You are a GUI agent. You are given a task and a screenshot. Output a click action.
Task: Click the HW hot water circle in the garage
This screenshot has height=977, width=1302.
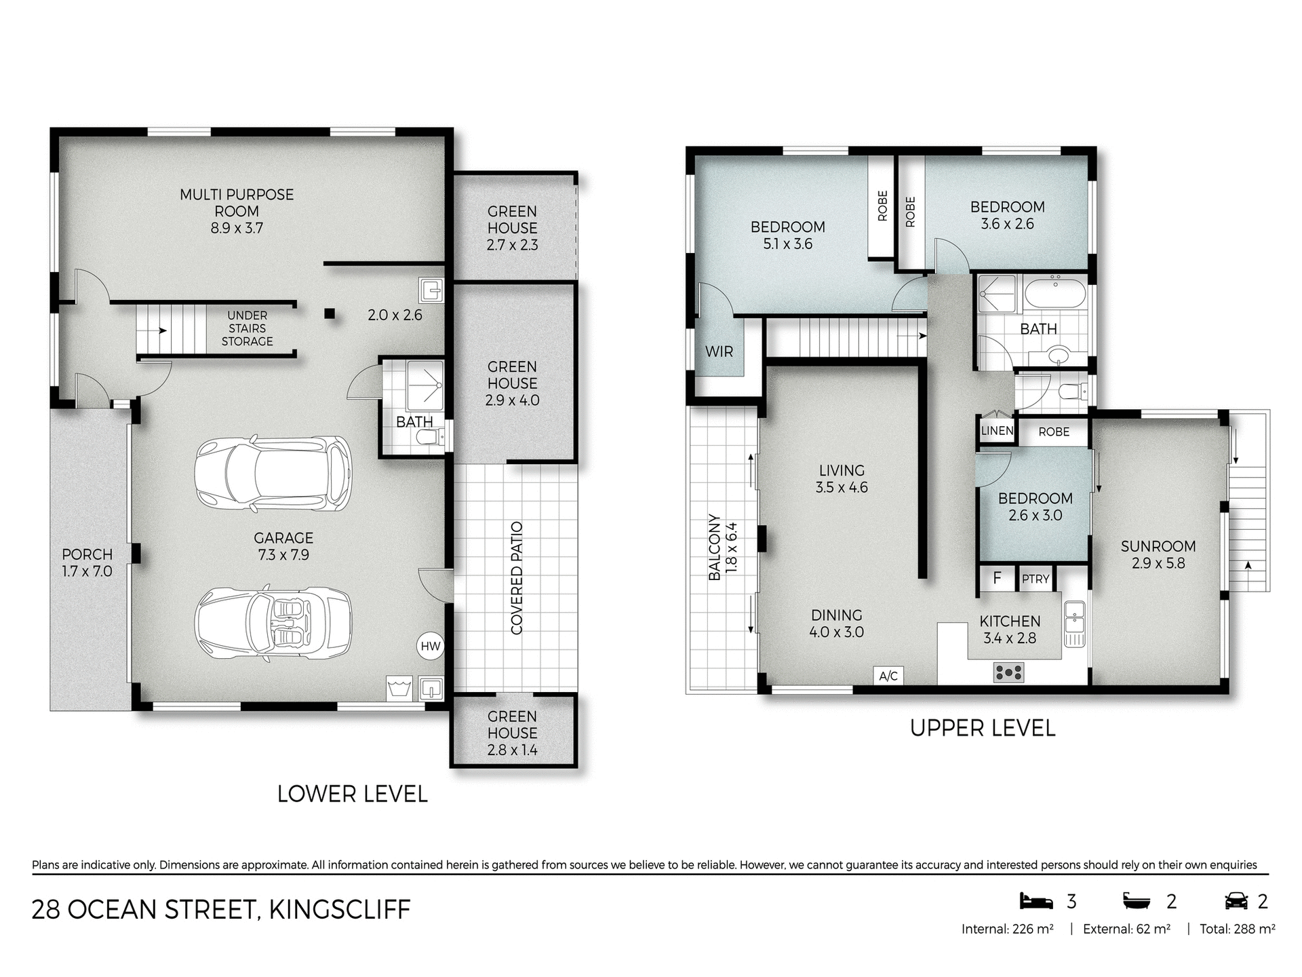(x=431, y=646)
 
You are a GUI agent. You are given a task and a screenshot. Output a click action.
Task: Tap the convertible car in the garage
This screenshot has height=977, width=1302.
(x=273, y=624)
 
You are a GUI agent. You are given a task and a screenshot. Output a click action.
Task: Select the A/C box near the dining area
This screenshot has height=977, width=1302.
(x=888, y=676)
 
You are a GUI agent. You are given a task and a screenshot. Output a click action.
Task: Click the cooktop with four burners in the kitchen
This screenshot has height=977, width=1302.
(x=1008, y=672)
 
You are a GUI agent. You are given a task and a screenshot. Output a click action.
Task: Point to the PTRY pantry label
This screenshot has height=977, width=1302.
(x=1035, y=579)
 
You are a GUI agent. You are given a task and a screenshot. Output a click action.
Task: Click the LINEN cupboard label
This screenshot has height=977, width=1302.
(x=997, y=431)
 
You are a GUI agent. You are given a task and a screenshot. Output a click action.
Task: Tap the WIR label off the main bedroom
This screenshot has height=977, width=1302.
(x=719, y=351)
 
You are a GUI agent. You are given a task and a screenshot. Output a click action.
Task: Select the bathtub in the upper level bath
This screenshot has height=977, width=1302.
(x=1055, y=296)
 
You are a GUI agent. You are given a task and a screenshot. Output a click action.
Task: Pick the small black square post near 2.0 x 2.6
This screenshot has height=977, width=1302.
(x=330, y=313)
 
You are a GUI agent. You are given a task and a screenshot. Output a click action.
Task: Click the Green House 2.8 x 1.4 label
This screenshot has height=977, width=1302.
(x=512, y=733)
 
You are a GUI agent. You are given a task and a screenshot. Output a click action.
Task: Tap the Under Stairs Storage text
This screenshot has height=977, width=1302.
(x=247, y=328)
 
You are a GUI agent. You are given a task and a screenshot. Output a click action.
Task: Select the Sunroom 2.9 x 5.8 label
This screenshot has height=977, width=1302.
(x=1158, y=554)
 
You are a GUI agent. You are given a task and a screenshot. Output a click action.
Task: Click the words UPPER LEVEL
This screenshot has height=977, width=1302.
(x=983, y=728)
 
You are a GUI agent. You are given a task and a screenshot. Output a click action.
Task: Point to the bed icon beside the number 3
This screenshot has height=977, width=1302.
(x=1036, y=901)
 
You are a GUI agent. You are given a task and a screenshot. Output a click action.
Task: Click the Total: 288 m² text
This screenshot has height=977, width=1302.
(x=1237, y=929)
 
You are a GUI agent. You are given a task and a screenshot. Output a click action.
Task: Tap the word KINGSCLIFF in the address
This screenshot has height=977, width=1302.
(x=340, y=909)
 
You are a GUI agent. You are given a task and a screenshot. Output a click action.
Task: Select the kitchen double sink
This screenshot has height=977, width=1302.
(x=1074, y=623)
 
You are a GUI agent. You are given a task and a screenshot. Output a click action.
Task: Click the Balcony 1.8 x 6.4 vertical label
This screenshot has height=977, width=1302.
(x=723, y=548)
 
